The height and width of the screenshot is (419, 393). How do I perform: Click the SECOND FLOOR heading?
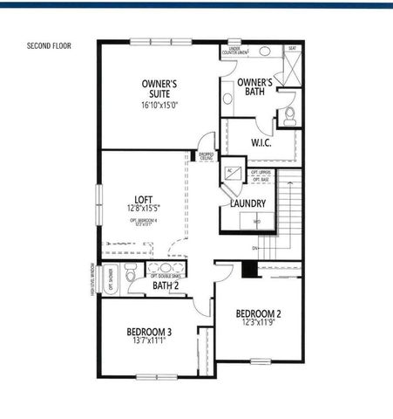click(x=49, y=45)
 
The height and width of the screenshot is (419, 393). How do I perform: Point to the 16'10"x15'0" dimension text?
click(x=161, y=105)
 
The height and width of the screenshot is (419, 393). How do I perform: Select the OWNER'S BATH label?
click(x=255, y=87)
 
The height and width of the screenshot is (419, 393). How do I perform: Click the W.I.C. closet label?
click(x=264, y=141)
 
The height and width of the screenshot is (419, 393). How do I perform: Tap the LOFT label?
click(x=144, y=199)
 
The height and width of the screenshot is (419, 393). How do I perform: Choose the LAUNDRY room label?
click(x=248, y=203)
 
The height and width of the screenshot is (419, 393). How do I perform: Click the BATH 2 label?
click(x=166, y=285)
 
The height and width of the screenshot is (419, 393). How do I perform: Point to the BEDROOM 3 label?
click(x=149, y=332)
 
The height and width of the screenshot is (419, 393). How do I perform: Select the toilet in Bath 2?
click(x=130, y=275)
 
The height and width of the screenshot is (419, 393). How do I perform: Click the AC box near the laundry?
click(x=233, y=172)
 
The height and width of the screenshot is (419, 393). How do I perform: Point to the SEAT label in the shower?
click(x=292, y=49)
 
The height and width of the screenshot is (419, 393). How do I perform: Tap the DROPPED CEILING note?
click(x=207, y=156)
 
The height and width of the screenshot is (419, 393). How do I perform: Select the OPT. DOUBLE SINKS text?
click(x=166, y=277)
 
